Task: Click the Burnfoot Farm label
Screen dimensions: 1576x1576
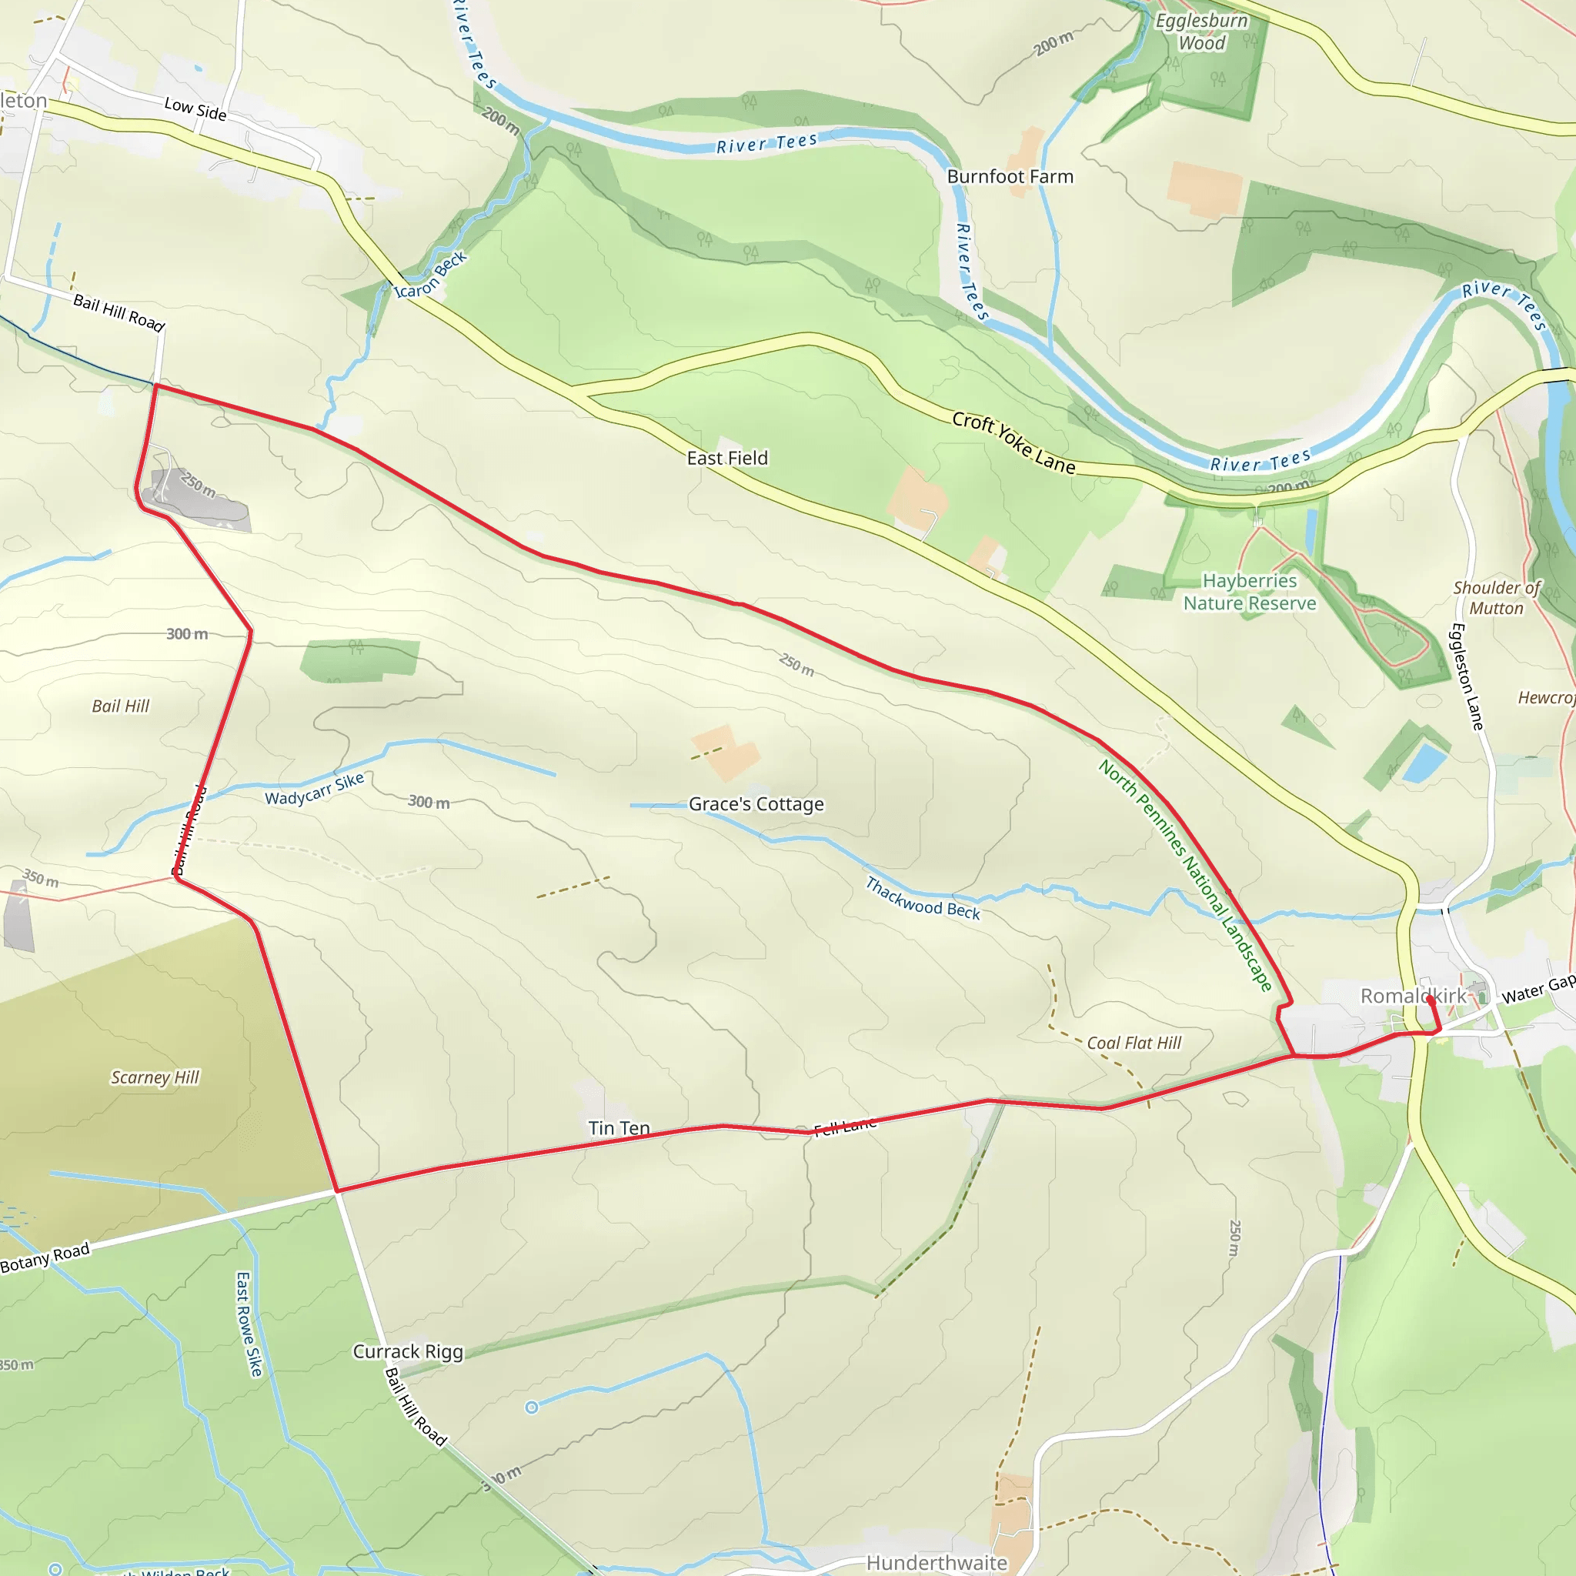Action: [1010, 176]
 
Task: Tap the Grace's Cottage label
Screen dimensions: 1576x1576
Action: [756, 804]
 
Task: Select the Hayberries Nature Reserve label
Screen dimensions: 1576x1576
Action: [1249, 593]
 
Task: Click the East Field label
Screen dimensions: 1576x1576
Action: [726, 459]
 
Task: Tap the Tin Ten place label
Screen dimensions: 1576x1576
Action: [619, 1128]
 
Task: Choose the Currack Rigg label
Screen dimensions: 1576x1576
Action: [408, 1351]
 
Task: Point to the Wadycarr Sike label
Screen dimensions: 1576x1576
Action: [314, 789]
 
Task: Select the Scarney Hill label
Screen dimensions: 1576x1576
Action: [155, 1077]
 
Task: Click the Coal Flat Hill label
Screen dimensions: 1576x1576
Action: [1134, 1043]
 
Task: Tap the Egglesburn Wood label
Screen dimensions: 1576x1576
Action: [1201, 32]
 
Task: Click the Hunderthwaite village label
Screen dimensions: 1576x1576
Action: [937, 1562]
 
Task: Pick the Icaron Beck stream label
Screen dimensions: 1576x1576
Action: [430, 275]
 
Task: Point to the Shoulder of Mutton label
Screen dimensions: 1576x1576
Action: [1497, 598]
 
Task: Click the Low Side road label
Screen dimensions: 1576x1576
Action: [195, 109]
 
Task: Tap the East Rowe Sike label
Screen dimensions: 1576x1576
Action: [249, 1324]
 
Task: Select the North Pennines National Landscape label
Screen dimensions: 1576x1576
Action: [1184, 875]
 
